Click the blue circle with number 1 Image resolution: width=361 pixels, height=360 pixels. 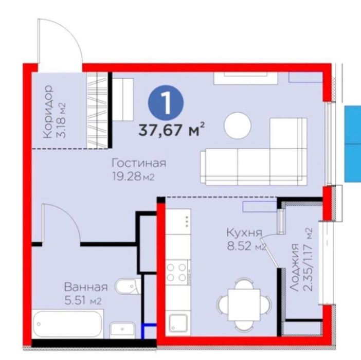(x=166, y=103)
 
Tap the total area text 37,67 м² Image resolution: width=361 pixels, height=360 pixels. (x=171, y=130)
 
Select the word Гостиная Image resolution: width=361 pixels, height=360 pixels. (x=139, y=163)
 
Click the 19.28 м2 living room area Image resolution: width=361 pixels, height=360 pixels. (x=133, y=177)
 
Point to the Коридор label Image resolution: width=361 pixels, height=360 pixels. (x=48, y=112)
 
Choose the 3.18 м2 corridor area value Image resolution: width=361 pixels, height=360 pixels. (x=62, y=120)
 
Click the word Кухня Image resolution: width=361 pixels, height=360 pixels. (x=244, y=233)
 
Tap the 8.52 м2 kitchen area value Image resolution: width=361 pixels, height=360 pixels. (x=246, y=246)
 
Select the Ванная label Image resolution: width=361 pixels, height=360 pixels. (x=86, y=287)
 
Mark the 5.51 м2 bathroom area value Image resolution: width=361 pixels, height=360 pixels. (x=83, y=301)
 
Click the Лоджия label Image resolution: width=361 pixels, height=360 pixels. (x=294, y=268)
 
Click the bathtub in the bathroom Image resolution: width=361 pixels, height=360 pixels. (x=67, y=324)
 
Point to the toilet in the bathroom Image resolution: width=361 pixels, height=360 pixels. (x=128, y=287)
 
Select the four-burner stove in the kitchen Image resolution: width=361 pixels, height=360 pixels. (x=177, y=272)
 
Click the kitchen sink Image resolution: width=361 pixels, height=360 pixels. (x=178, y=323)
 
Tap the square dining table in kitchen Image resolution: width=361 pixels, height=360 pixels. (x=244, y=305)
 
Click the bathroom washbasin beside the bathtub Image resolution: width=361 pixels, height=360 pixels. (x=122, y=330)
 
